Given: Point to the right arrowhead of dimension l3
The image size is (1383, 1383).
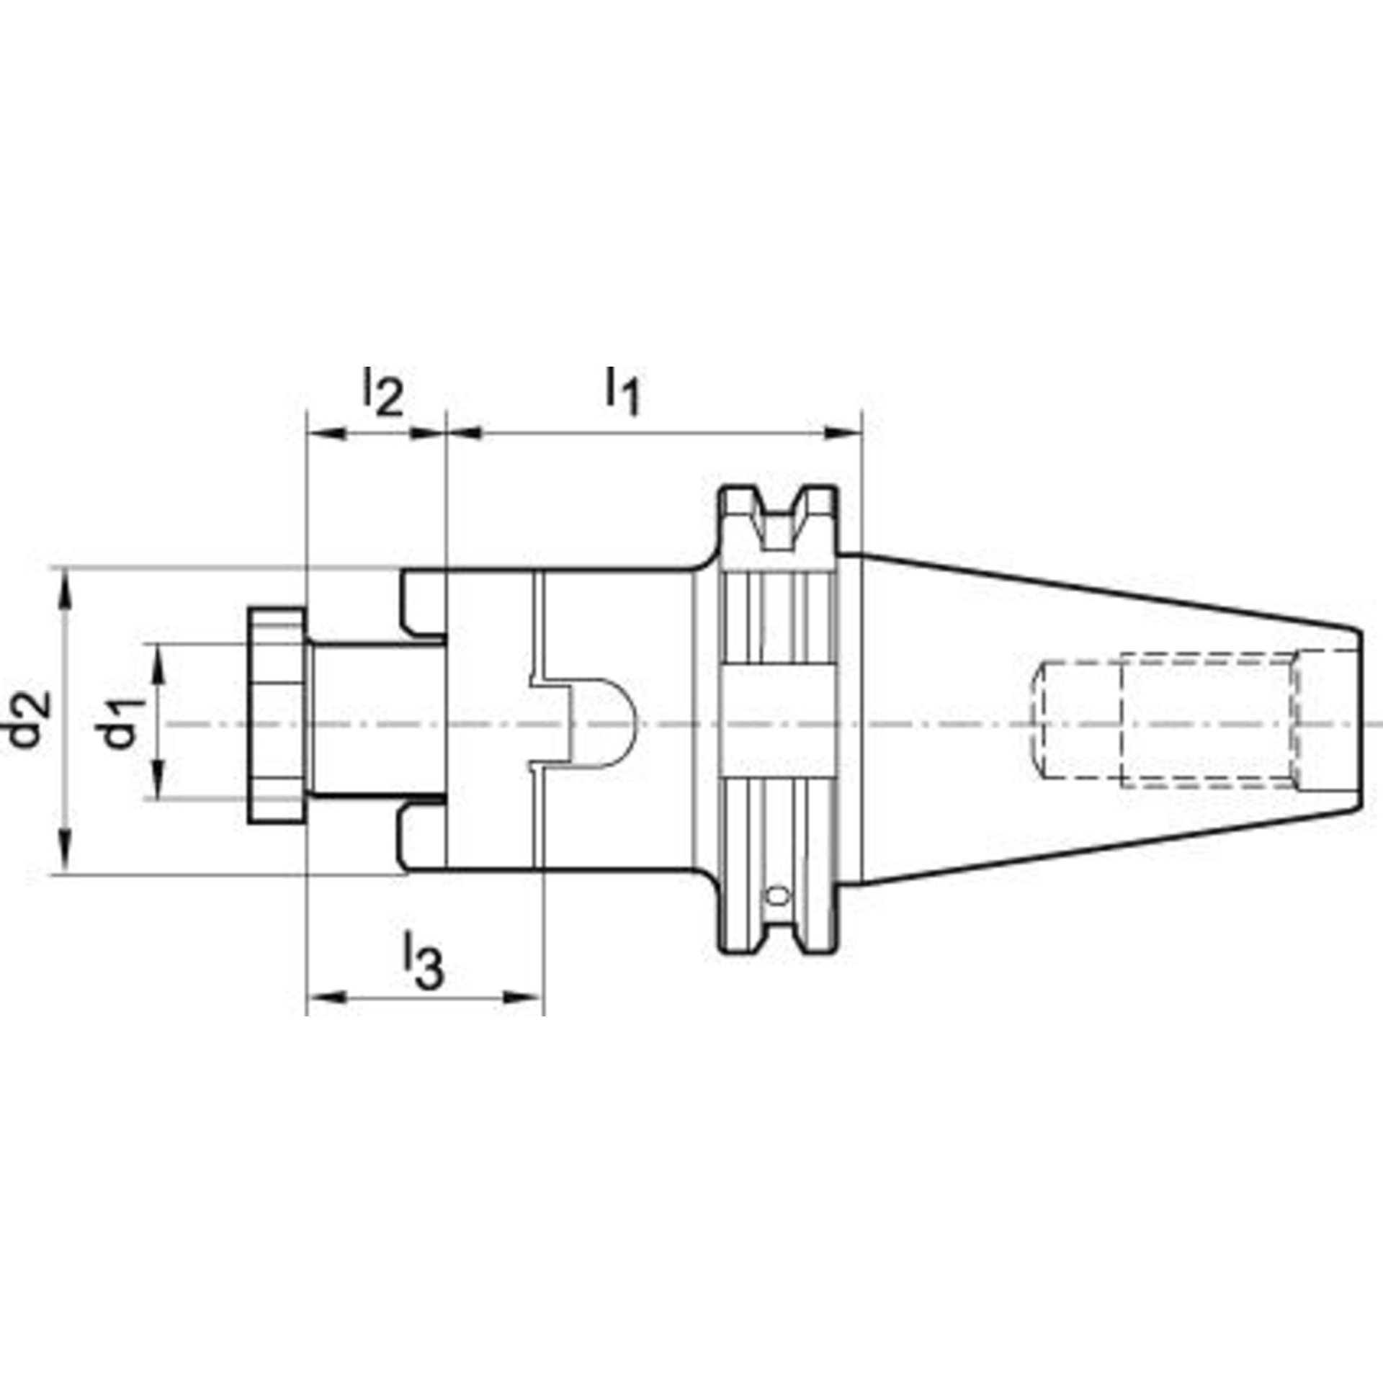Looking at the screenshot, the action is pyautogui.click(x=523, y=997).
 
